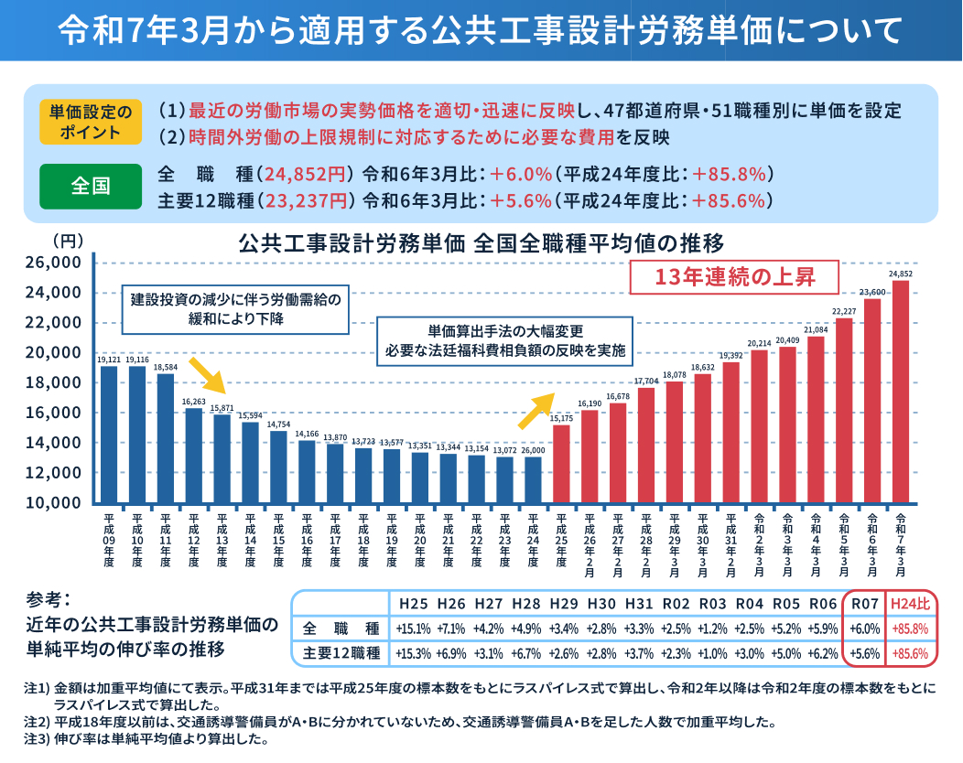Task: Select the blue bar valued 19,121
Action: coord(109,435)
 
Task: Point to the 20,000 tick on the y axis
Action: coord(56,353)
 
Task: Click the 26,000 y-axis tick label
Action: coord(56,263)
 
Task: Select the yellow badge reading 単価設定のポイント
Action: coord(91,121)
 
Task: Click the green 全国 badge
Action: coord(91,187)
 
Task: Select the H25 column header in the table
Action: coord(413,604)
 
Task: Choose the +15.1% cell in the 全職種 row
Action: coord(413,629)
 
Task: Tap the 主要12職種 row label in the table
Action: coord(341,654)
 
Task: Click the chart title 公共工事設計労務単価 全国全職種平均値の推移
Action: coord(481,243)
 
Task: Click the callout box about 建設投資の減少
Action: coord(235,309)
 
